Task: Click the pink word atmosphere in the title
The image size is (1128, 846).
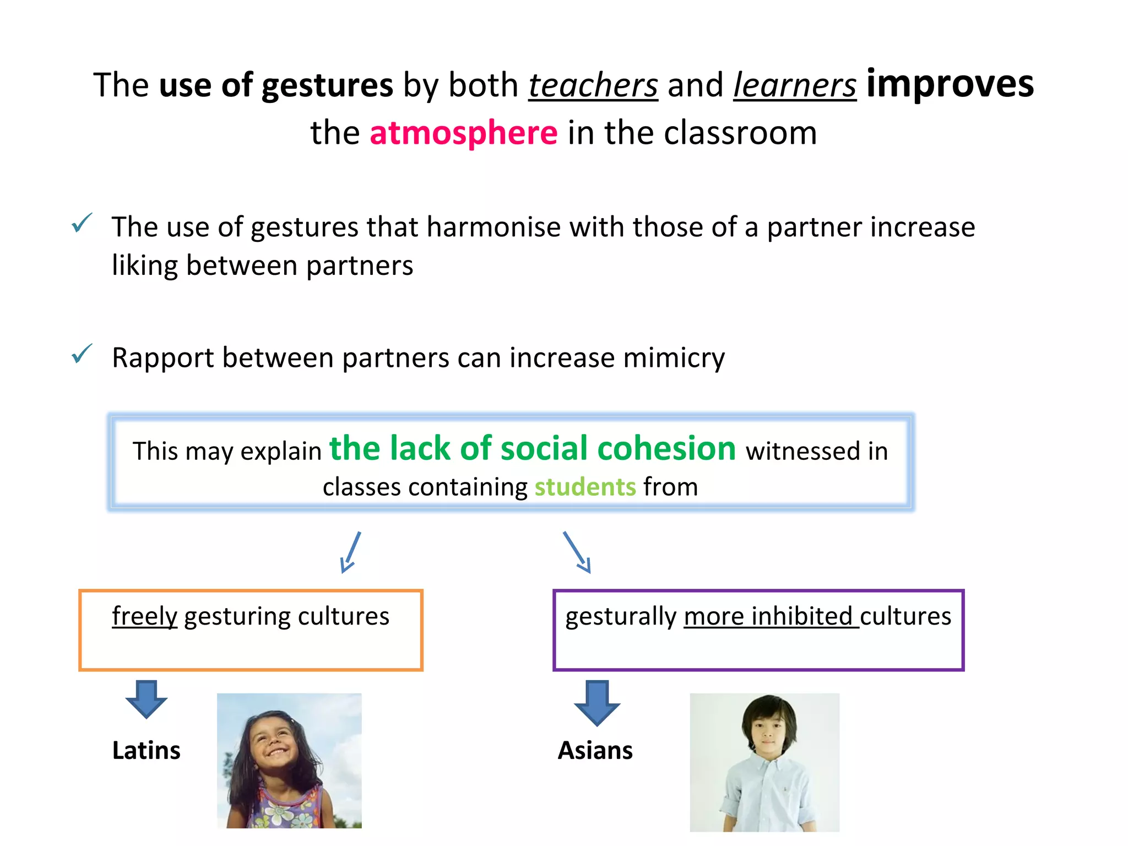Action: tap(463, 133)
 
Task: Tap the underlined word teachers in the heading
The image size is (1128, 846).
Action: tap(593, 85)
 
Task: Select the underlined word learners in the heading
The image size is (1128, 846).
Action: tap(795, 85)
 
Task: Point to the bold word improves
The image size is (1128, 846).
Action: tap(950, 84)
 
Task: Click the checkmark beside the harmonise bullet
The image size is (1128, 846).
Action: tap(82, 223)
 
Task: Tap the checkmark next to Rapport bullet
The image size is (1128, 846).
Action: tap(82, 354)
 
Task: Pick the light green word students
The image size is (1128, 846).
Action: tap(585, 487)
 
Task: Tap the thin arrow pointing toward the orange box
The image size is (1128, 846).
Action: tap(351, 552)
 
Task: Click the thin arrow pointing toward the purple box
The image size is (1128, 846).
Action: tap(577, 552)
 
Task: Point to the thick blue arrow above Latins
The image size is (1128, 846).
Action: tap(146, 699)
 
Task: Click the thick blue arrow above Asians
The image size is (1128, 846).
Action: tap(596, 702)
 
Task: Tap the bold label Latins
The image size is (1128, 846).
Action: tap(146, 751)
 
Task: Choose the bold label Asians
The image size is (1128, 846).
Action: tap(595, 751)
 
